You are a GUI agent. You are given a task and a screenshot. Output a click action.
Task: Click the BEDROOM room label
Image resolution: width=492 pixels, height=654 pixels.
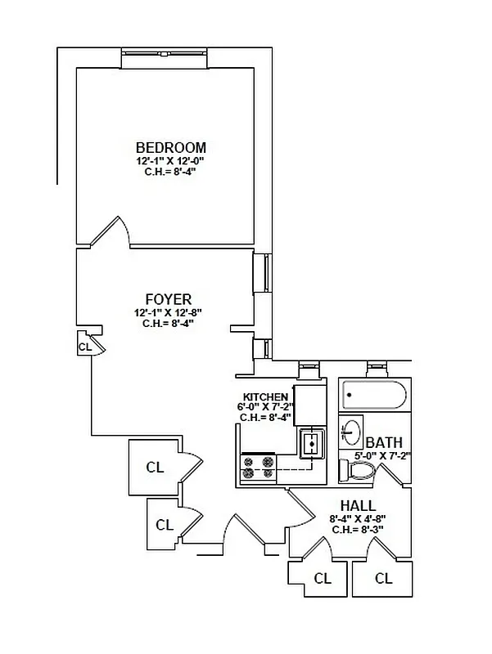170,147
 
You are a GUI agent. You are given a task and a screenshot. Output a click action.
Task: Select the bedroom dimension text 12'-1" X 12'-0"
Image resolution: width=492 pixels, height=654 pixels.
170,161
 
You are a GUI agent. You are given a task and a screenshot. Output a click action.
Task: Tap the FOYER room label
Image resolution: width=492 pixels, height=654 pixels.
168,299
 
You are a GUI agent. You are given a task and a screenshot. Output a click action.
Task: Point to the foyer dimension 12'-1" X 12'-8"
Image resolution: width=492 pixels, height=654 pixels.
168,312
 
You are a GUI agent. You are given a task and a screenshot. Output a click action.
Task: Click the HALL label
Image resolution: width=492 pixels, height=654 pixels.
359,505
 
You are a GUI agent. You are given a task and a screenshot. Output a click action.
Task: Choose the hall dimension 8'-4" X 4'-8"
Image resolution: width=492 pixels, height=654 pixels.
359,518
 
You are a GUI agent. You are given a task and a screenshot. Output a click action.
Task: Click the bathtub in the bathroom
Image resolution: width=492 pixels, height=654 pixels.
373,396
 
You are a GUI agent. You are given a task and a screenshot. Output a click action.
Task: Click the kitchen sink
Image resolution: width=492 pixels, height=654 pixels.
312,444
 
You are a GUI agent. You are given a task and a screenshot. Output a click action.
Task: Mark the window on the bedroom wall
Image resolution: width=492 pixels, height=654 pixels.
165,58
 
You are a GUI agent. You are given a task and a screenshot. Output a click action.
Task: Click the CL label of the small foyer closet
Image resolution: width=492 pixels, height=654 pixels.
84,347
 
